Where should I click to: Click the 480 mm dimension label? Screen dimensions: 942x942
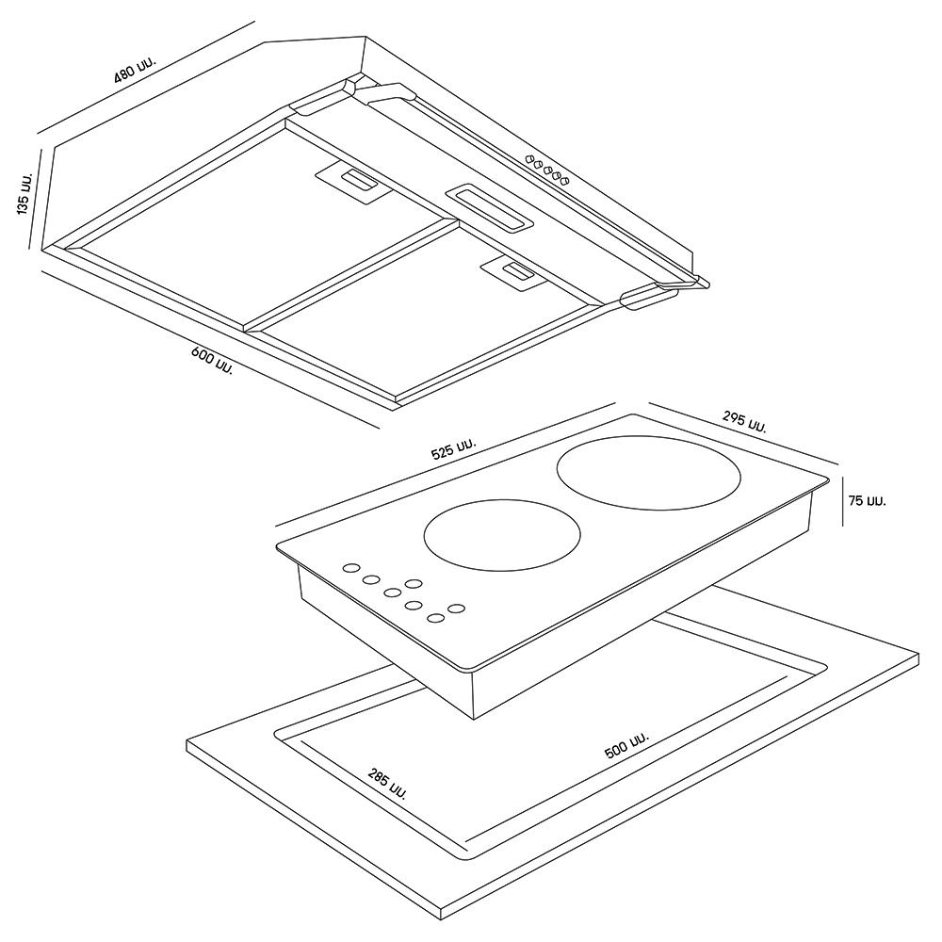coord(135,68)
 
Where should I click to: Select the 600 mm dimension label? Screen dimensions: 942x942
coord(211,361)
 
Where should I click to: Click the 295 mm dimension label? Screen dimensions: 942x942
coord(744,421)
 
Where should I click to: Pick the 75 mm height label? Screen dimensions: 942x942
coord(867,500)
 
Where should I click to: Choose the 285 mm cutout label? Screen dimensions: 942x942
coord(386,784)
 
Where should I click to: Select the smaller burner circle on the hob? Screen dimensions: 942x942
coord(502,534)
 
